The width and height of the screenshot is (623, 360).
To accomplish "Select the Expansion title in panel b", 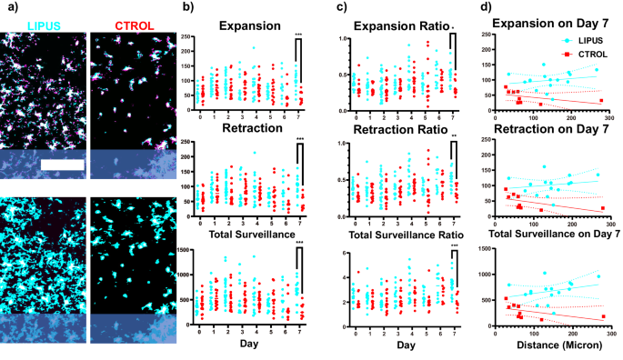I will [246, 24].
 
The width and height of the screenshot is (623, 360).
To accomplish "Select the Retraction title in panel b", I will [246, 133].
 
